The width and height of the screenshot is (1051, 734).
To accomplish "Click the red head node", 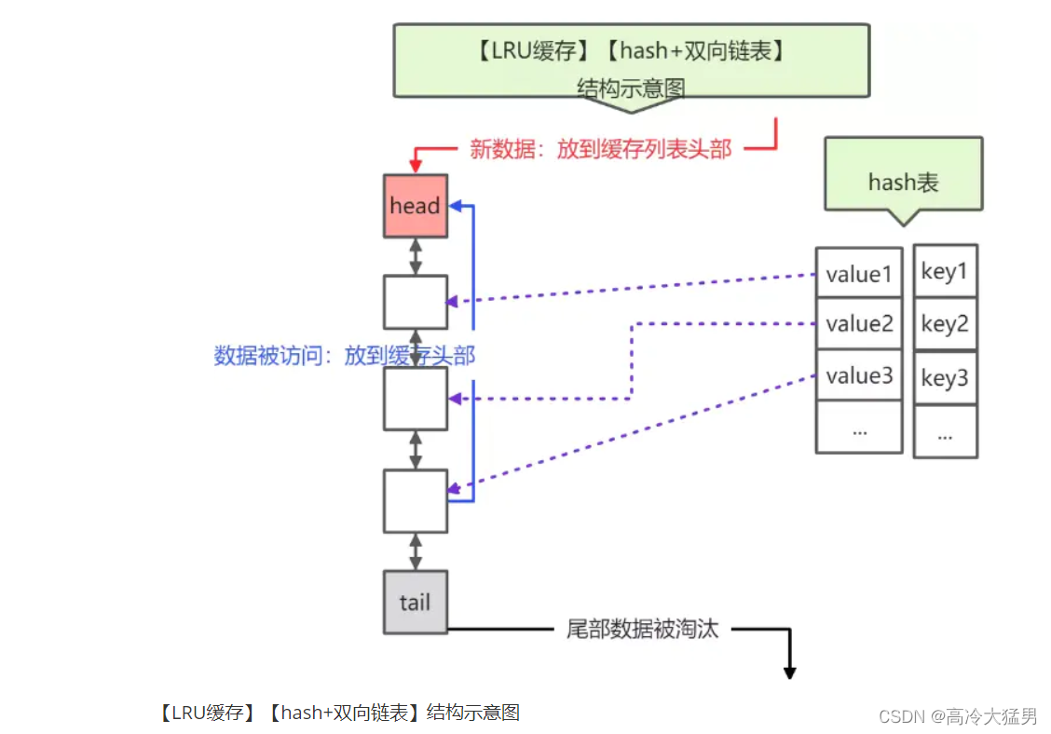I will pos(415,205).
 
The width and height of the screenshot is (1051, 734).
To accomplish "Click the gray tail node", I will pos(415,602).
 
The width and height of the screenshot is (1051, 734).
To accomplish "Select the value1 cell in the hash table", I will pos(858,273).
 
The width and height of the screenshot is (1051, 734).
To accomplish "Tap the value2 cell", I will pos(858,324).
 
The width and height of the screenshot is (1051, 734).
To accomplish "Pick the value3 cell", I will pos(858,375).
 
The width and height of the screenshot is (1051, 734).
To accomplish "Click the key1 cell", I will pos(945,271).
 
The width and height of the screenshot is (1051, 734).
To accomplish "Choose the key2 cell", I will pos(945,324).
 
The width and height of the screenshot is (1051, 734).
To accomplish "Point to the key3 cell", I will pos(945,377).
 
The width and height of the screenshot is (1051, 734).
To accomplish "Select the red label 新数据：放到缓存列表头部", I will pos(600,149).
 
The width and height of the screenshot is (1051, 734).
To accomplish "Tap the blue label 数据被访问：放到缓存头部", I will pos(346,355).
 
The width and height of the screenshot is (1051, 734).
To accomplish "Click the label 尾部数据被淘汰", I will pos(643,629).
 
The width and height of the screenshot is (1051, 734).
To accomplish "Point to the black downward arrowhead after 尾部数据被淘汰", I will pos(789,671).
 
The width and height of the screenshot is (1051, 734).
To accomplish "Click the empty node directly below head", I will pos(415,302).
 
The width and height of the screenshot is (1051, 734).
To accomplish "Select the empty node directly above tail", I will pos(415,501).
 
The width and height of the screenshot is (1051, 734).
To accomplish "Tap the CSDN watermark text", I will pos(957,715).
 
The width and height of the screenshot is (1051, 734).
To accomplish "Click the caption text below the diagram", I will pos(339,713).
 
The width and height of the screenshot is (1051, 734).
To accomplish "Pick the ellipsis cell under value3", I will pos(858,428).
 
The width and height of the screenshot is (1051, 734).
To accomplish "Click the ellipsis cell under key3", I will pos(945,431).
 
